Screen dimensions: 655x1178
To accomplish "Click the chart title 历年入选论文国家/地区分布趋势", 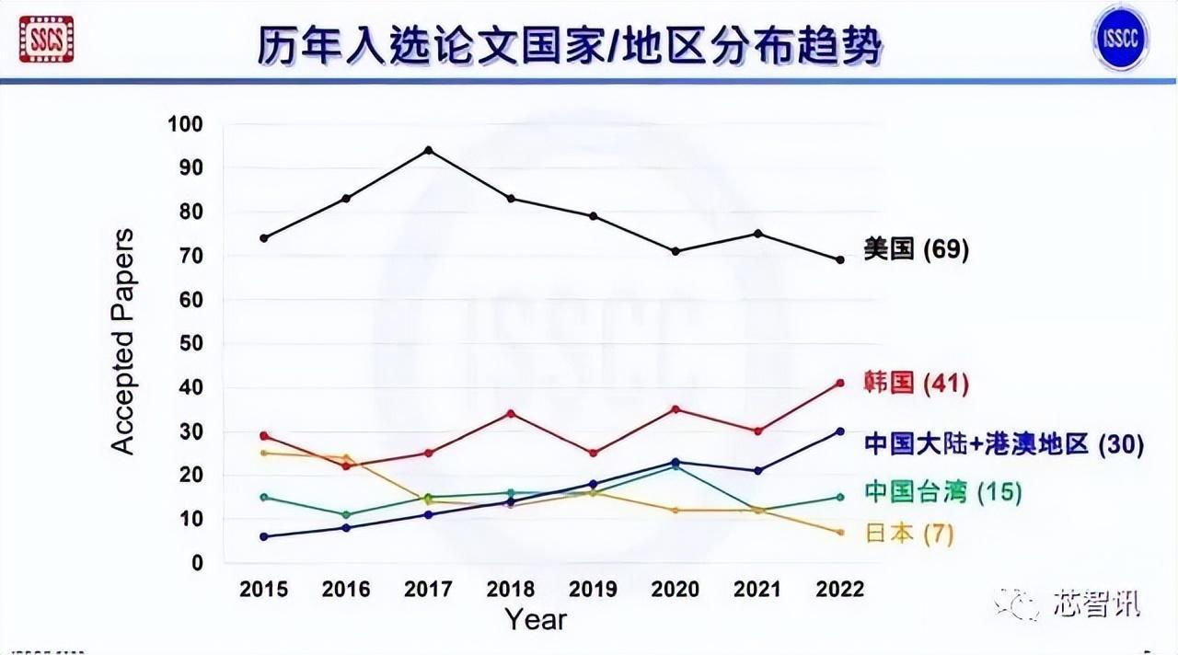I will pos(570,44).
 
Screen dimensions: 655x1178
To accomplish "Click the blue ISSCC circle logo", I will pos(1121,38).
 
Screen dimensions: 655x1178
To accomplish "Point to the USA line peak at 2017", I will pos(429,150).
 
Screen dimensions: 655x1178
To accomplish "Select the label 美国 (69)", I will pos(916,249).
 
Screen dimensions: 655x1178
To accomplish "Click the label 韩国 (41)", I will pos(916,383).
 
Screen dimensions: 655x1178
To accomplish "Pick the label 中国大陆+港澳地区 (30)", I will pos(1003,444).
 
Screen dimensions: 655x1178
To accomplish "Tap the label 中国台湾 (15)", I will pos(943,492).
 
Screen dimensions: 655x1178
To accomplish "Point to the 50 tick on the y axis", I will pos(191,343).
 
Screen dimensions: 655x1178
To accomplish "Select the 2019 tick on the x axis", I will pos(594,589).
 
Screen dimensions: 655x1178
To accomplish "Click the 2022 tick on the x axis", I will pos(839,589).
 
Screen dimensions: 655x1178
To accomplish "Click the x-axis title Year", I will pos(536,619).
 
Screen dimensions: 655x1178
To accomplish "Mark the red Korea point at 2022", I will pos(839,383).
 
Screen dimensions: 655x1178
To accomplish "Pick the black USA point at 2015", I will pos(264,238).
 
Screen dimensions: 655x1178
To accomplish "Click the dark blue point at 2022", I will pos(839,431).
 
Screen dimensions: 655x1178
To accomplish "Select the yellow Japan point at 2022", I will pos(839,533).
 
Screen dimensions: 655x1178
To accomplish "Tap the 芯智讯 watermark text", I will pos(1097,604).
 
